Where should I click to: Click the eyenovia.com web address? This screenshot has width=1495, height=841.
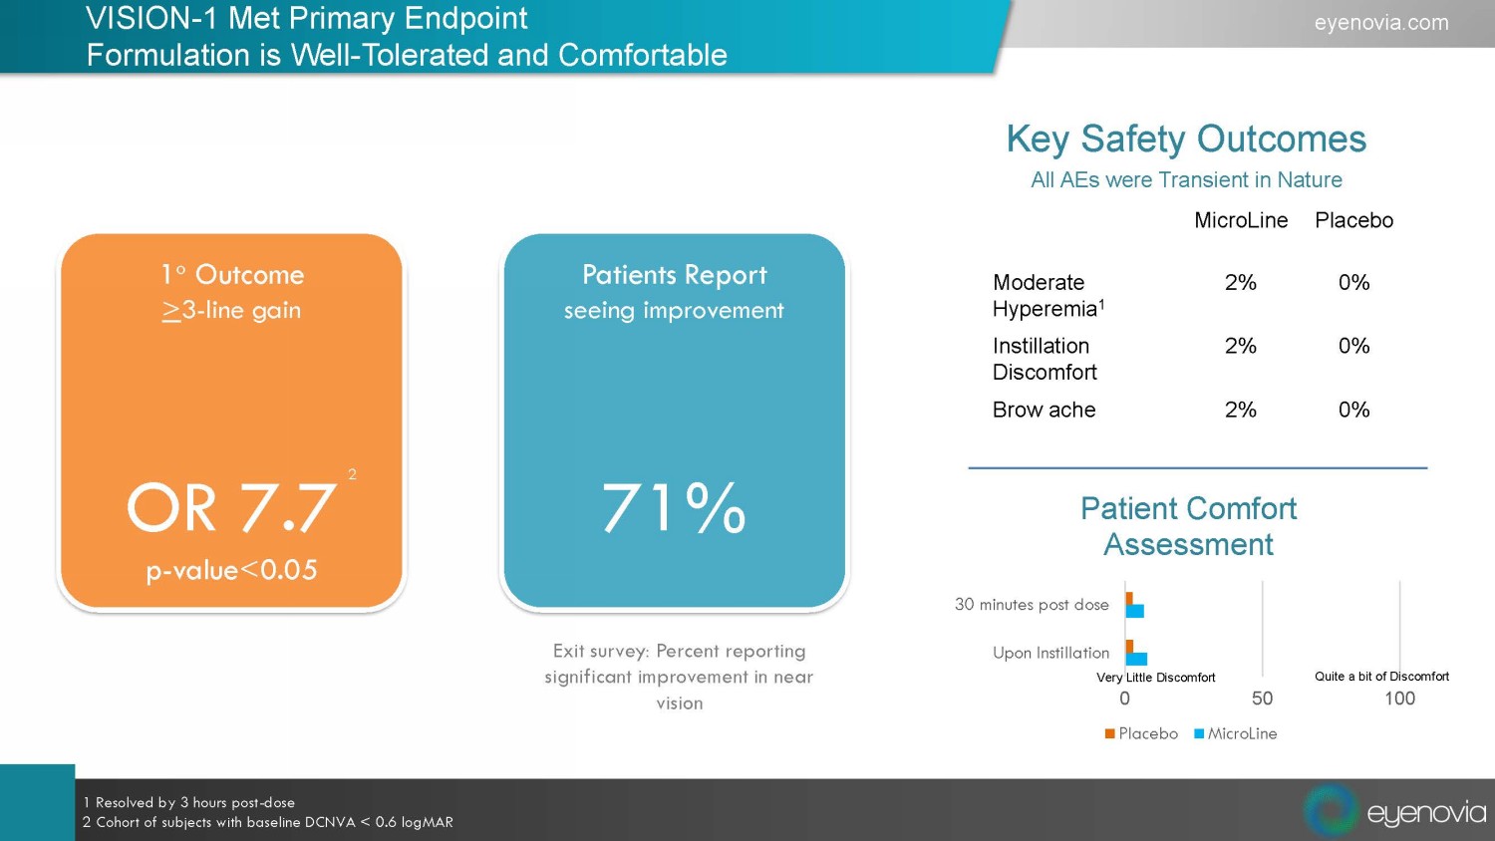tap(1380, 22)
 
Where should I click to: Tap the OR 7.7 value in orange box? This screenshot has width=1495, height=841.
tap(231, 507)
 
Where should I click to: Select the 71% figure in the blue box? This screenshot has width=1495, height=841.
tap(674, 507)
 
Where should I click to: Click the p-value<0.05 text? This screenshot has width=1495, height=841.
tap(231, 570)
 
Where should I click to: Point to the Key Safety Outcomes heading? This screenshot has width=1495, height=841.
tap(1186, 140)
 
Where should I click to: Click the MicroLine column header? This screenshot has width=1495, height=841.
tap(1241, 220)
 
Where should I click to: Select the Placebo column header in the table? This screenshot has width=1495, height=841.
tap(1353, 220)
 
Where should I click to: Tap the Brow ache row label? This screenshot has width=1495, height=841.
tap(1044, 410)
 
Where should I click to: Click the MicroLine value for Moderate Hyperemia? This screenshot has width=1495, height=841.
tap(1240, 283)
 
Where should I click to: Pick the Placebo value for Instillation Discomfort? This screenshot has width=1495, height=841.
tap(1353, 346)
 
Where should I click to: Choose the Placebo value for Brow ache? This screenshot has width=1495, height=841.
tap(1353, 410)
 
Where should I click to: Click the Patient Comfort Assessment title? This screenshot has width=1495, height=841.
tap(1188, 526)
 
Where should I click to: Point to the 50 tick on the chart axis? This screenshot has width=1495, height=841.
tap(1262, 699)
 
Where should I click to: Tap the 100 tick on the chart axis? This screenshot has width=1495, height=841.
tap(1399, 699)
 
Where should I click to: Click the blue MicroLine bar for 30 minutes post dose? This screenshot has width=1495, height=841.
tap(1135, 611)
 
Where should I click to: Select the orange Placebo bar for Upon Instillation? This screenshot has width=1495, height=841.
tap(1129, 646)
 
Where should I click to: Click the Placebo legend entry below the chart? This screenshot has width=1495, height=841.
tap(1141, 733)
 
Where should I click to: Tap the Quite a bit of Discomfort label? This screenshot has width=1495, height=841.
tap(1381, 676)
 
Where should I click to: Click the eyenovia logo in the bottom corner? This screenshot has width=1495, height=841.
tap(1395, 811)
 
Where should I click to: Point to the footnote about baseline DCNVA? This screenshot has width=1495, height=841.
tap(268, 822)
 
